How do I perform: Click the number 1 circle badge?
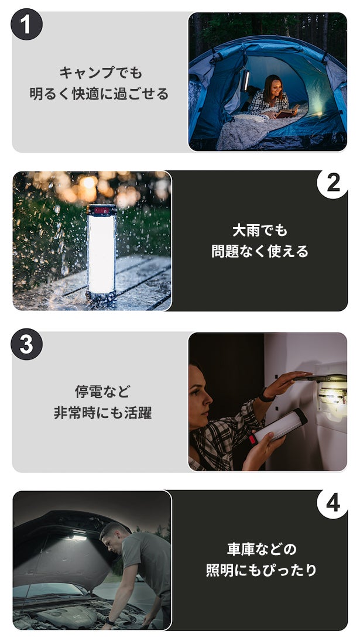pyautogui.click(x=26, y=24)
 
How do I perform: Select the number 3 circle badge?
pyautogui.click(x=26, y=344)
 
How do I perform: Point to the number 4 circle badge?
pyautogui.click(x=333, y=503)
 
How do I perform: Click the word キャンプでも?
pyautogui.click(x=101, y=73)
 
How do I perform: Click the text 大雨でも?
pyautogui.click(x=260, y=231)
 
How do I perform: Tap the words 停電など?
pyautogui.click(x=102, y=392)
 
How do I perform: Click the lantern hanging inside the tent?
pyautogui.click(x=246, y=79)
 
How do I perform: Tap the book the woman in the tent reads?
pyautogui.click(x=287, y=111)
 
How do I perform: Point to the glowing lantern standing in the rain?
pyautogui.click(x=101, y=251)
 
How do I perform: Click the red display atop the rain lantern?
pyautogui.click(x=102, y=211)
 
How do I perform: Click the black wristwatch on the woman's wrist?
pyautogui.click(x=266, y=396)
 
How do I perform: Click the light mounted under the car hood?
pyautogui.click(x=77, y=537)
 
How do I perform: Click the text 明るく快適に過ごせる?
pyautogui.click(x=99, y=94)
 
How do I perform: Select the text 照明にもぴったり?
pyautogui.click(x=262, y=570)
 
